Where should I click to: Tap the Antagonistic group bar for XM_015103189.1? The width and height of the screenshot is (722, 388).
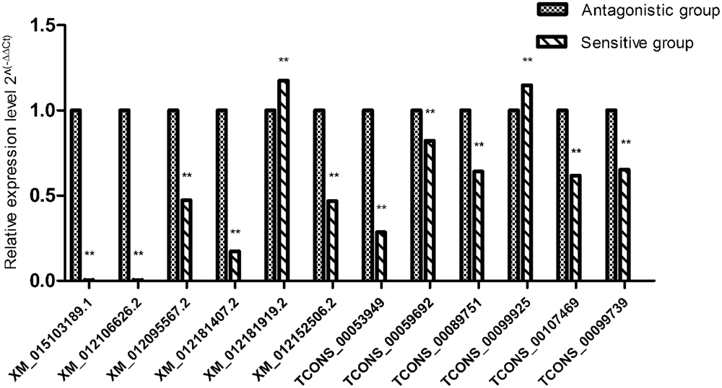76,195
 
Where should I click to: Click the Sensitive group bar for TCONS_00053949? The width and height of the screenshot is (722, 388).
380,256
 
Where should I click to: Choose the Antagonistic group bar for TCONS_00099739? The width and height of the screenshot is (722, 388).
612,195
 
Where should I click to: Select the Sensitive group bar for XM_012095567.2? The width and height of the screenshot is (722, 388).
186,239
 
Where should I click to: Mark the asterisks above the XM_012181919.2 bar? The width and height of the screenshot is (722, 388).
283,61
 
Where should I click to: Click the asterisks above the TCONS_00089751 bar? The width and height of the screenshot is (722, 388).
478,145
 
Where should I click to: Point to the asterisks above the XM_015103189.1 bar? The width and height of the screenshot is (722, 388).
90,254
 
